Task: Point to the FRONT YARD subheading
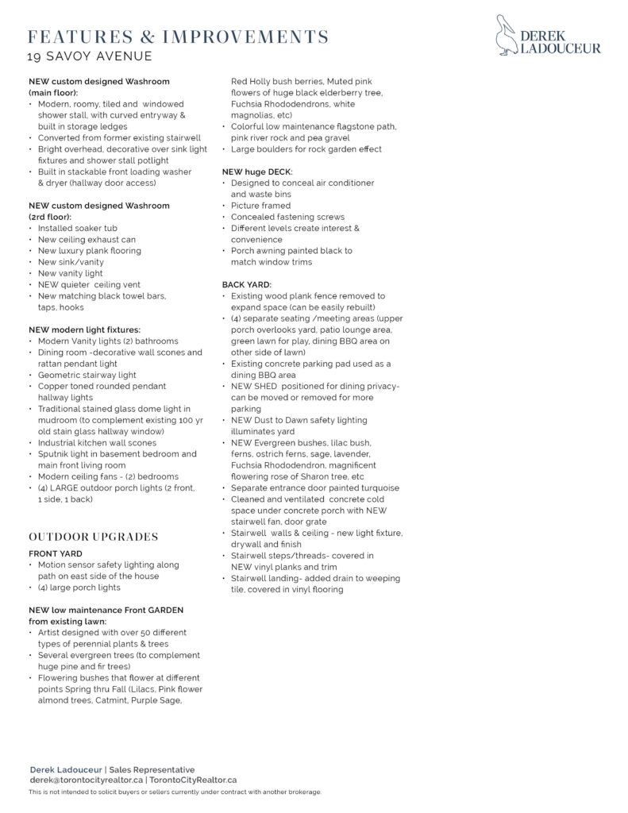tap(56, 553)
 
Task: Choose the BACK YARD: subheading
tap(247, 284)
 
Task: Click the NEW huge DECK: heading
tap(257, 171)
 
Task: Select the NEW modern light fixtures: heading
tap(84, 329)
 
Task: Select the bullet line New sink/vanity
tap(71, 262)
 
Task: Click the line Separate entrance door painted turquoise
tap(315, 487)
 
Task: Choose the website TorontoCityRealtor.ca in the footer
tap(193, 780)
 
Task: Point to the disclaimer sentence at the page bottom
tap(175, 792)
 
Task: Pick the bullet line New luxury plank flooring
tap(90, 250)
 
